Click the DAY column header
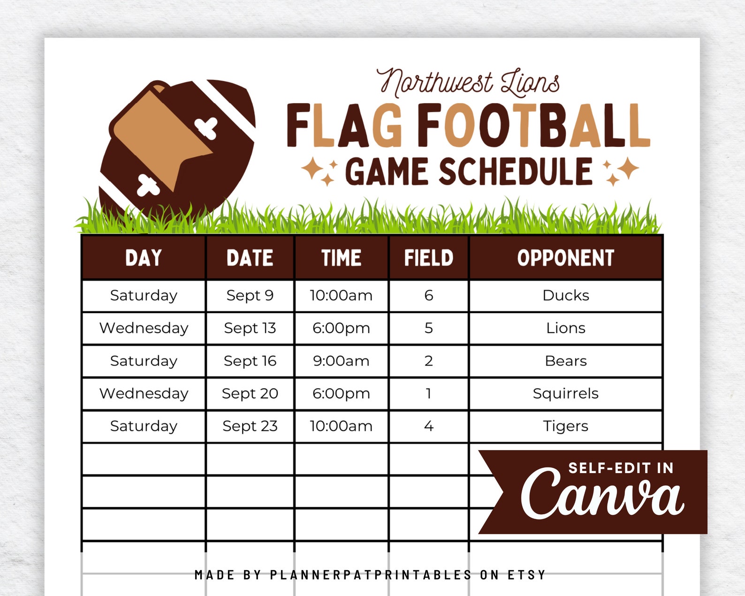coord(144,258)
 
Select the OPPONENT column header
coord(565,258)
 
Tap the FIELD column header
coord(428,258)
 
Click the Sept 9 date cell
coord(250,296)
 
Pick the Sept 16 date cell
coord(250,361)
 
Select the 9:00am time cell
coord(341,361)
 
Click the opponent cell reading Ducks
coord(565,296)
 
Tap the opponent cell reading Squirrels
coord(565,393)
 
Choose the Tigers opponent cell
coord(565,426)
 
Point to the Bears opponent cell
coord(565,361)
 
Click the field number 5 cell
coord(428,328)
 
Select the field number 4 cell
coord(428,426)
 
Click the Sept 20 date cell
coord(250,393)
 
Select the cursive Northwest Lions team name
coord(468,83)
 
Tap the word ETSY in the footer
coord(527,575)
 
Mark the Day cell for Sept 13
coord(144,328)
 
